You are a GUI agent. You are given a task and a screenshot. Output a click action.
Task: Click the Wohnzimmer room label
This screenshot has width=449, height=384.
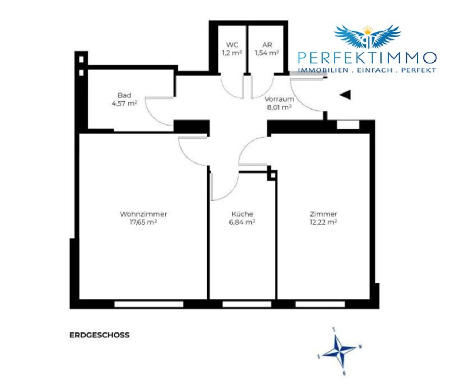(x=144, y=214)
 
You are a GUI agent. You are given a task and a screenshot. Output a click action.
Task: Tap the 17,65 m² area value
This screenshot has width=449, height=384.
(x=144, y=222)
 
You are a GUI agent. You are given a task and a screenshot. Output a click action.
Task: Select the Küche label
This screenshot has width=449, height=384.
(x=242, y=214)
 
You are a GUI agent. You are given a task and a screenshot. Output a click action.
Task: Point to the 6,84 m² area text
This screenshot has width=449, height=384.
(x=242, y=222)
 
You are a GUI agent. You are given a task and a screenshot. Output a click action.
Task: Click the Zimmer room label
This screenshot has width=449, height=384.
(x=324, y=214)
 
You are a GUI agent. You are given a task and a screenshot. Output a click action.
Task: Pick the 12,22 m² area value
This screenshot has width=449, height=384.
(x=324, y=222)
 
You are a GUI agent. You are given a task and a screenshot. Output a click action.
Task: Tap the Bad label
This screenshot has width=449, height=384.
(x=124, y=95)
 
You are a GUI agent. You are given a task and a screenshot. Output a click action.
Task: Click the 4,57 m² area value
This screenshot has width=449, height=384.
(x=124, y=103)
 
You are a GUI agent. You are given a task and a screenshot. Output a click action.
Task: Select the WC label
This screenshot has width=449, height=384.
(x=232, y=45)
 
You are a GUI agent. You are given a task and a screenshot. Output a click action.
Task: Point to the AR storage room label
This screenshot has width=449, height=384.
(x=267, y=45)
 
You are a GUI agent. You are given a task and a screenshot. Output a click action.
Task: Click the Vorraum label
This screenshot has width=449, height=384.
(x=279, y=99)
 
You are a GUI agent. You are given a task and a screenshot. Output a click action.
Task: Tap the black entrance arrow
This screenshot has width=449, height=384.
(x=345, y=95)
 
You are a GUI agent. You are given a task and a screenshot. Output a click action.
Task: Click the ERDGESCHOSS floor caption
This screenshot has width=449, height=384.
(x=99, y=335)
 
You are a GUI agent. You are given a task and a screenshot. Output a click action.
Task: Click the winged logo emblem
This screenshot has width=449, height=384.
(x=368, y=37)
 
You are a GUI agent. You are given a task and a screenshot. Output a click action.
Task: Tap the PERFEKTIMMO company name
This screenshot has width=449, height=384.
(x=367, y=58)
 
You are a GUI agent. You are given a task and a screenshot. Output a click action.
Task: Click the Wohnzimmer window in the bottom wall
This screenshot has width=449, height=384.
(x=149, y=304)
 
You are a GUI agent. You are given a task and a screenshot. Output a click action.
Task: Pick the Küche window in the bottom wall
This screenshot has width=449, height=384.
(x=247, y=304)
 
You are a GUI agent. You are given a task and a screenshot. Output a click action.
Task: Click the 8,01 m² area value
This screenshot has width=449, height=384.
(x=279, y=107)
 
